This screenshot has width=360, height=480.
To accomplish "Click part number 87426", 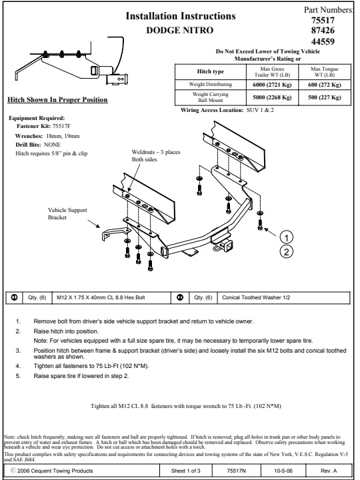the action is click(x=323, y=30).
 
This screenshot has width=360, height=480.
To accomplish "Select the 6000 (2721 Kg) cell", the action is click(x=272, y=85).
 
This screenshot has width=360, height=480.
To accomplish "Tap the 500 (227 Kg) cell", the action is click(x=325, y=97).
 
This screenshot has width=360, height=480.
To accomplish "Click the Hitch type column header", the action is click(x=210, y=71).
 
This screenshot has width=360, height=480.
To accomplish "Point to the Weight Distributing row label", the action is click(x=210, y=85).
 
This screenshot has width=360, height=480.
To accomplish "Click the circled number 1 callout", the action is click(x=287, y=237).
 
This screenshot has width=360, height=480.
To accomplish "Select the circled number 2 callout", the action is click(x=287, y=251).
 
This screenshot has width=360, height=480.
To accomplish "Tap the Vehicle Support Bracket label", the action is click(x=67, y=214).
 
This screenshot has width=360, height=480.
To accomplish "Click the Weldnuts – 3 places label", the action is click(x=156, y=152).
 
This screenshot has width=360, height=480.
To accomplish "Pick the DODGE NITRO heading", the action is click(x=180, y=30).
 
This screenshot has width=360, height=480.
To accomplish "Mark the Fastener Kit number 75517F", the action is click(x=61, y=126).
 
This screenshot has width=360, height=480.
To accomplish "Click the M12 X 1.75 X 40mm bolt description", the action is click(x=101, y=297).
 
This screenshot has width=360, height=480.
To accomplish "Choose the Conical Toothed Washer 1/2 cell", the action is click(x=256, y=297).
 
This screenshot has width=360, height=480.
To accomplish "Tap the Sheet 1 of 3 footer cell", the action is click(x=185, y=471).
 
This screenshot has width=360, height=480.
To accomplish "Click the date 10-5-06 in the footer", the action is click(x=283, y=471).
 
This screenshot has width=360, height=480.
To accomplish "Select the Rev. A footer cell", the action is click(x=329, y=471).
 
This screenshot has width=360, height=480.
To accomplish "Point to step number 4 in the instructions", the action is click(x=19, y=366).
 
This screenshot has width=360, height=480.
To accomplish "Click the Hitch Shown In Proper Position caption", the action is click(x=57, y=100).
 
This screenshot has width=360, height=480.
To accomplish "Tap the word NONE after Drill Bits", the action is click(x=52, y=145).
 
